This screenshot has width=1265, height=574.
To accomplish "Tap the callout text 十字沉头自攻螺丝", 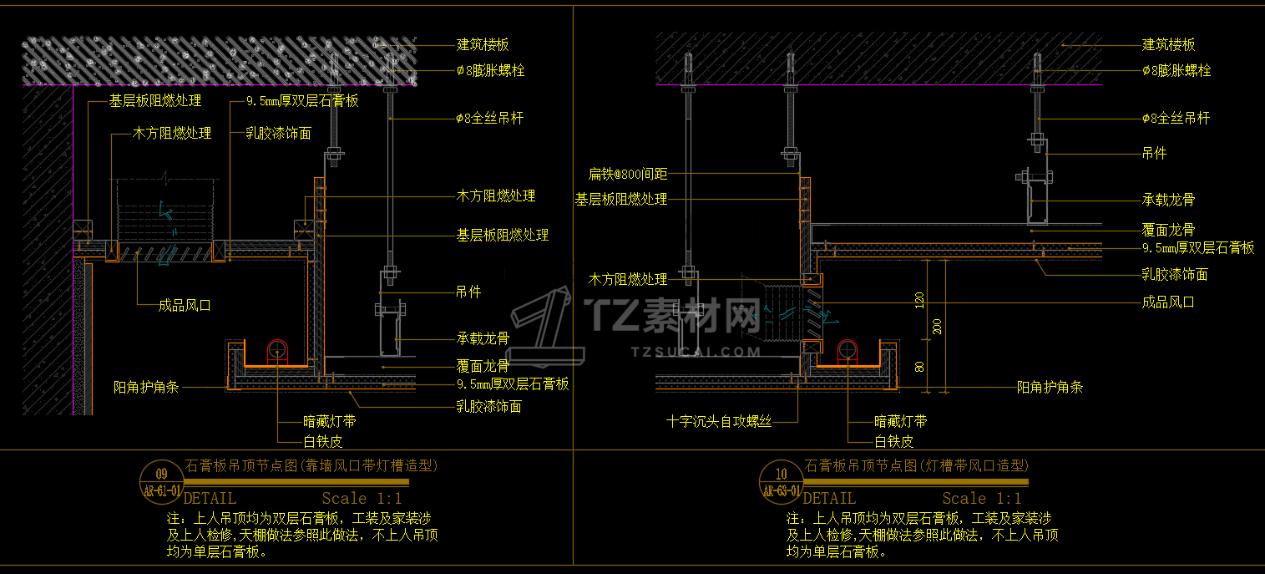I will tap(719, 422).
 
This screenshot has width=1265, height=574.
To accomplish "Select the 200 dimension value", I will tap(937, 326).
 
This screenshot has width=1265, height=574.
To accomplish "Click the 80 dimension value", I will tap(919, 366).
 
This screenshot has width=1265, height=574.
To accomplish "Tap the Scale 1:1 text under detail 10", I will tap(982, 499).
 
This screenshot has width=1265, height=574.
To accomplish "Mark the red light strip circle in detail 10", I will tap(848, 351).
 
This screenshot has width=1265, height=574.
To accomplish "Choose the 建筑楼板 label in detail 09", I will tap(483, 45).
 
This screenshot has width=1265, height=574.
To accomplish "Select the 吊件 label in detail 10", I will tap(1154, 154).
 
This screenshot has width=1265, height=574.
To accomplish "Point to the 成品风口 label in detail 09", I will tap(185, 306).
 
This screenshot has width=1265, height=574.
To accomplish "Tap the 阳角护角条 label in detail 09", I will tap(146, 388).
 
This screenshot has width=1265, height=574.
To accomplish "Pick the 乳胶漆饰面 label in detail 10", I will tap(1175, 275).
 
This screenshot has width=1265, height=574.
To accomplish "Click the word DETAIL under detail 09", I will tap(210, 499).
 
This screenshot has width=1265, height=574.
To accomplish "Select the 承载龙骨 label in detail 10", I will tap(1168, 201).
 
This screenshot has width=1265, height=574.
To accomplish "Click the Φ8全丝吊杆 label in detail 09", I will tap(489, 119).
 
